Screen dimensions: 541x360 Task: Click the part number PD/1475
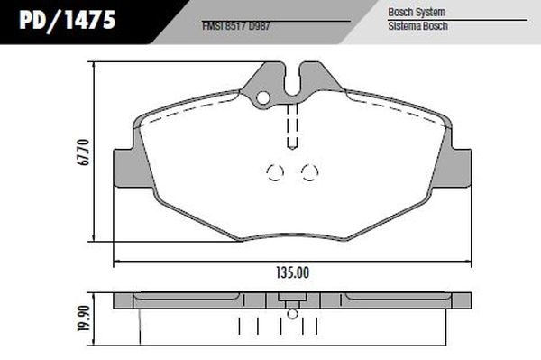pyautogui.click(x=68, y=20)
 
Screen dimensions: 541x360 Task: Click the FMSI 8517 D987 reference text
pyautogui.click(x=236, y=26)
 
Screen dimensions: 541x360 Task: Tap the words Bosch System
pyautogui.click(x=417, y=12)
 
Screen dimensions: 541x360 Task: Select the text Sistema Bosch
pyautogui.click(x=417, y=26)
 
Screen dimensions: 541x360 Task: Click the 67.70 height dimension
pyautogui.click(x=84, y=152)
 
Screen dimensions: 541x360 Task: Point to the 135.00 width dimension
pyautogui.click(x=292, y=273)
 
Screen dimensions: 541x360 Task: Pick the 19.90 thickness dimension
pyautogui.click(x=84, y=318)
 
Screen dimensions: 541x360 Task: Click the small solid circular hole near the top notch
pyautogui.click(x=263, y=98)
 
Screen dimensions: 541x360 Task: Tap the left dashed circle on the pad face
pyautogui.click(x=275, y=172)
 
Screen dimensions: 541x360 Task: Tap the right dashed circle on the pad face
pyautogui.click(x=310, y=172)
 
